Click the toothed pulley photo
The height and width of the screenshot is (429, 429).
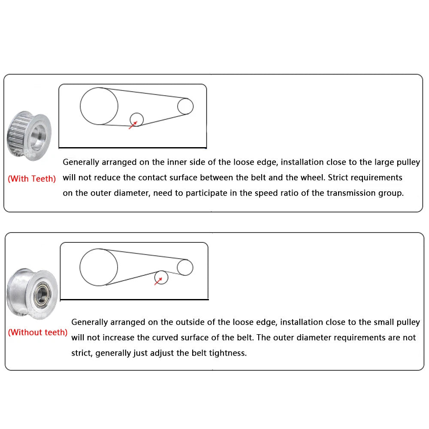click(x=29, y=136)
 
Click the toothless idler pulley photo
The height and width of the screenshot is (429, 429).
click(x=32, y=293)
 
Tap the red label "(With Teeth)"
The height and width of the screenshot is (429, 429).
click(x=32, y=178)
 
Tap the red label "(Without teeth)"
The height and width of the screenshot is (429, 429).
click(x=38, y=332)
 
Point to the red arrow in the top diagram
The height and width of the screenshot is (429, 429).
click(x=133, y=125)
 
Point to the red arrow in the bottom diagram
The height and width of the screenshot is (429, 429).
click(x=158, y=281)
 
